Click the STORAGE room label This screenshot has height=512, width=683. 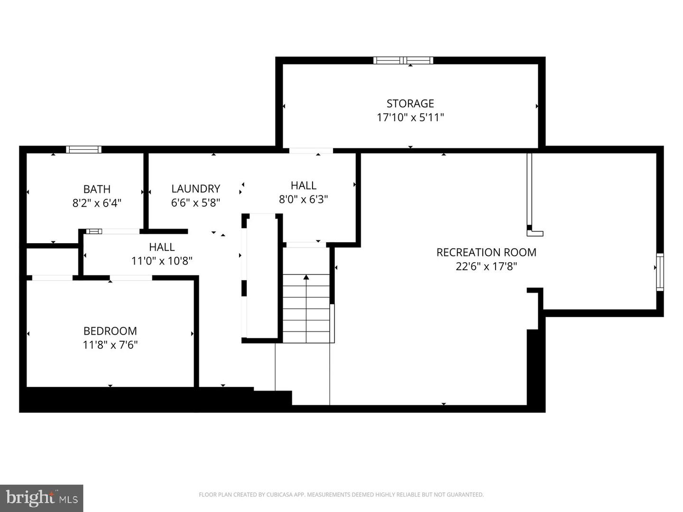click(x=410, y=103)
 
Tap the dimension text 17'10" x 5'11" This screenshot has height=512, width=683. click(x=410, y=117)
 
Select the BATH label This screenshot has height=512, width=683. click(x=97, y=189)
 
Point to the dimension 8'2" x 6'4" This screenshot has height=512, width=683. click(x=97, y=203)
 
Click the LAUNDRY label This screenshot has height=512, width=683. click(x=195, y=189)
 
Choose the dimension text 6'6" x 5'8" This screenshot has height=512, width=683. click(x=195, y=202)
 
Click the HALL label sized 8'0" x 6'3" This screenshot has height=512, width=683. click(x=303, y=185)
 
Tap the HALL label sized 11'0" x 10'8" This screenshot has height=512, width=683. click(x=162, y=247)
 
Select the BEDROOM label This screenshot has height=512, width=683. click(x=110, y=331)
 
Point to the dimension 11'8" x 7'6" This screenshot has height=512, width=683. click(x=110, y=345)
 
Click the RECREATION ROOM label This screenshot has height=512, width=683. click(x=486, y=252)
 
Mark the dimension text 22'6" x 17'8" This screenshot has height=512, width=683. click(x=486, y=266)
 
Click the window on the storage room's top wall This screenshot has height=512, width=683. click(x=403, y=60)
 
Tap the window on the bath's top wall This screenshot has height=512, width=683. click(x=83, y=149)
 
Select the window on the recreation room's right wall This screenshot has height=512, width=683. click(x=660, y=272)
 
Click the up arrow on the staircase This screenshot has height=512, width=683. click(x=306, y=277)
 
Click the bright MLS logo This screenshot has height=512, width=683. click(x=42, y=498)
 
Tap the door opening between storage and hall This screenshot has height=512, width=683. click(x=311, y=150)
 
